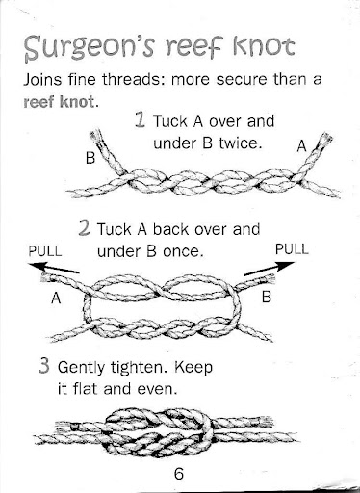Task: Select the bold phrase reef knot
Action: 59,102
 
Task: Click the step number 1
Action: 141,119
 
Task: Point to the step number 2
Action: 84,228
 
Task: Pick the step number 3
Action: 44,366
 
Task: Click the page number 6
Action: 179,474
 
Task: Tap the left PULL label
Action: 45,251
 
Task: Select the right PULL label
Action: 292,249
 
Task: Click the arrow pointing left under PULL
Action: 53,268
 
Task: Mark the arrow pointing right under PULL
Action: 269,269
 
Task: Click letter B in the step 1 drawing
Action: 90,158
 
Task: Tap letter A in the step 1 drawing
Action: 302,146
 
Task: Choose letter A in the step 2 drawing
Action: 56,298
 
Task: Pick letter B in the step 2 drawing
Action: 267,297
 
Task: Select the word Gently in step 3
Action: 81,368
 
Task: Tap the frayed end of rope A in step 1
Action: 325,139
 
